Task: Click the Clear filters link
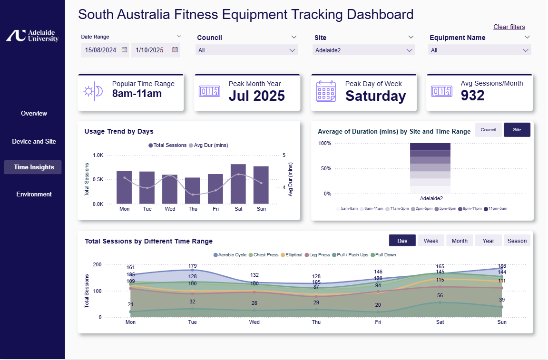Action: [509, 27]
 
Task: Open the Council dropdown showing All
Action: [246, 50]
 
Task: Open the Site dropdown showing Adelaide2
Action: [364, 50]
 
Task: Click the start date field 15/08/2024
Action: [101, 50]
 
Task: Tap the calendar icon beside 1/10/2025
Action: [175, 49]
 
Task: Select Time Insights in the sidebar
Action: [34, 167]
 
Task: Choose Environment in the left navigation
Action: [34, 194]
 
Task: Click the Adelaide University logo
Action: [32, 36]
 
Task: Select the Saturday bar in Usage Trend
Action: [238, 184]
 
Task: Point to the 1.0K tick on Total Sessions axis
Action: [98, 155]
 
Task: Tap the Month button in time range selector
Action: [460, 241]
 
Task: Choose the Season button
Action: [517, 241]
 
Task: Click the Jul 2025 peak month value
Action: [256, 96]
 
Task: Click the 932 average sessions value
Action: [472, 96]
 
